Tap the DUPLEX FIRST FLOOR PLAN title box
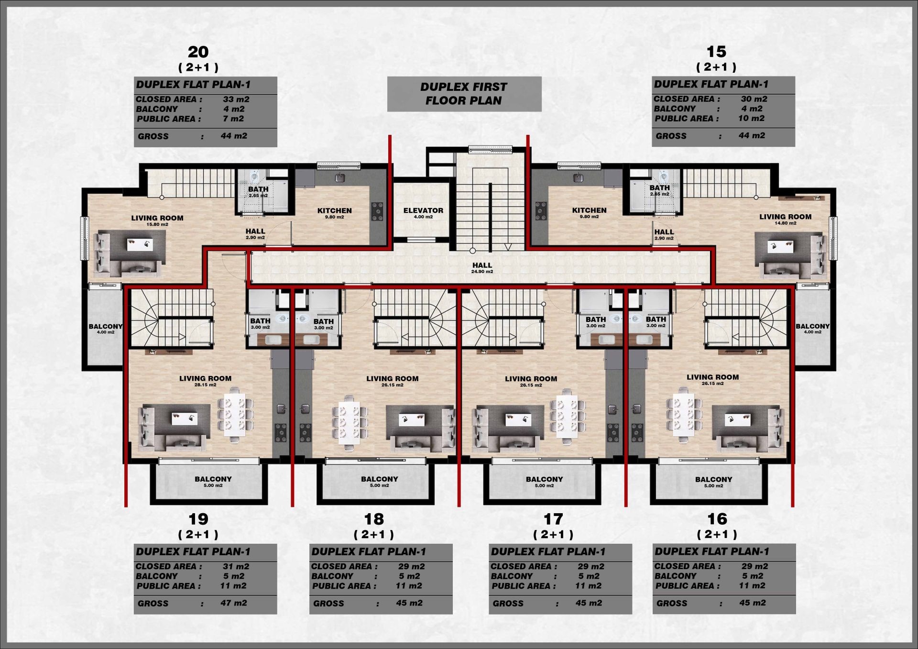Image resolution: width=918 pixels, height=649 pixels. click(x=464, y=94)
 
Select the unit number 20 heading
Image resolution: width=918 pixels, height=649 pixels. click(x=198, y=52)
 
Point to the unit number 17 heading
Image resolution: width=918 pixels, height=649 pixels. click(x=553, y=519)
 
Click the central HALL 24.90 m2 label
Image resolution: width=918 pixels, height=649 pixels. click(x=482, y=268)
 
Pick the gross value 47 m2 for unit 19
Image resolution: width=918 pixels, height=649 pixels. click(x=234, y=603)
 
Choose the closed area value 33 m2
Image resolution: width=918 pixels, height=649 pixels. click(x=236, y=99)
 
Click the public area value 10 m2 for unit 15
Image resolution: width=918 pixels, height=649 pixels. click(x=751, y=118)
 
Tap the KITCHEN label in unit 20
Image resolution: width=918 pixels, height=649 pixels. click(x=335, y=213)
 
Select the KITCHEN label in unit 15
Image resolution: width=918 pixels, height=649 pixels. click(x=589, y=212)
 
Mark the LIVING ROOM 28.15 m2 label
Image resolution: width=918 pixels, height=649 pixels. click(x=205, y=381)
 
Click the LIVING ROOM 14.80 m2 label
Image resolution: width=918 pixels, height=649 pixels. click(x=786, y=219)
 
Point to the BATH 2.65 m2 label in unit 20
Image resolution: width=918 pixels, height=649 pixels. click(x=258, y=192)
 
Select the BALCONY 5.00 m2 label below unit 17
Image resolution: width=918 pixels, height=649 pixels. click(x=544, y=481)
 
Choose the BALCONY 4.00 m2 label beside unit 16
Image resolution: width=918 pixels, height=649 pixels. click(x=812, y=329)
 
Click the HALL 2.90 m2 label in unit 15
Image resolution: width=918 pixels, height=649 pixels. click(x=664, y=234)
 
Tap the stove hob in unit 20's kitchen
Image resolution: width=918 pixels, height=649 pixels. click(x=378, y=211)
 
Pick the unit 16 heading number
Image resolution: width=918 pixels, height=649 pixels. click(x=717, y=519)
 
